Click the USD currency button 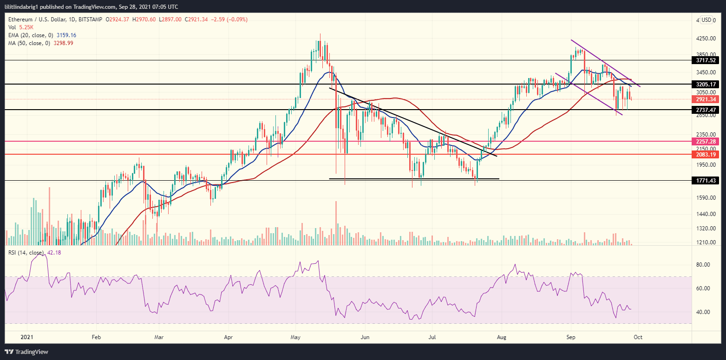[x=706, y=20]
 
